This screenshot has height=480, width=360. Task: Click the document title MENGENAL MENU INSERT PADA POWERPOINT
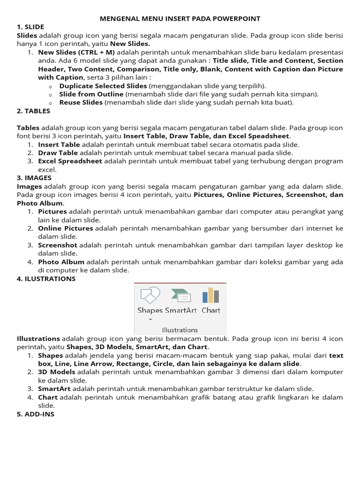(x=180, y=19)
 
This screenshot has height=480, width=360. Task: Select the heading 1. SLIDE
(x=30, y=27)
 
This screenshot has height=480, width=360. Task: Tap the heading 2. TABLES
(x=33, y=111)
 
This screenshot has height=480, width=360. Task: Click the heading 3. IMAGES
(x=34, y=178)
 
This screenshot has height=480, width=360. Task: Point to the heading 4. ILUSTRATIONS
(x=46, y=279)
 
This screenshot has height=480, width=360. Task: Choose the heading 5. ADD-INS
(x=36, y=414)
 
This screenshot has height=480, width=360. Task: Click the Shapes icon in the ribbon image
(x=150, y=296)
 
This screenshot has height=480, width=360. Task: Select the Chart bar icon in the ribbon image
(x=210, y=296)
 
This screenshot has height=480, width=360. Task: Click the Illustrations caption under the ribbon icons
(x=180, y=330)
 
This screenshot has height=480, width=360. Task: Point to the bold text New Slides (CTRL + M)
(x=76, y=52)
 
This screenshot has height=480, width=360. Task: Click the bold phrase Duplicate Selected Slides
(x=103, y=86)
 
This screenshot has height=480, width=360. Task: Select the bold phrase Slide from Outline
(x=91, y=94)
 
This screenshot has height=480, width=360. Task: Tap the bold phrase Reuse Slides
(x=81, y=103)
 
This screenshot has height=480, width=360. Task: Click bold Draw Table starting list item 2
(x=58, y=153)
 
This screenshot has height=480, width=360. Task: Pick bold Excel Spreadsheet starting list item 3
(x=70, y=161)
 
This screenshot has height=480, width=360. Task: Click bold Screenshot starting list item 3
(x=58, y=245)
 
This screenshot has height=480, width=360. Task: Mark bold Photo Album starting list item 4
(x=61, y=262)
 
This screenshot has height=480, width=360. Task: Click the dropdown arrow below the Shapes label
(x=150, y=320)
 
